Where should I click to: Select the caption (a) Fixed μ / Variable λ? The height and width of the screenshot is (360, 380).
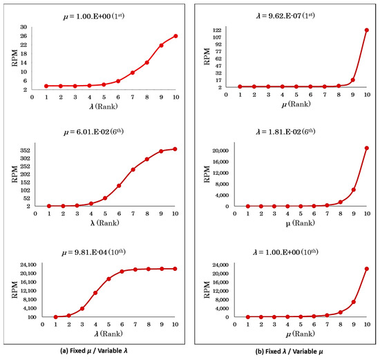(97, 350)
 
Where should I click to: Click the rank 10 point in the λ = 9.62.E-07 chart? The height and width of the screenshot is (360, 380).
(367, 30)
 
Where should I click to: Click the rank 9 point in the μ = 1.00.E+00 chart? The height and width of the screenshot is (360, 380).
(161, 46)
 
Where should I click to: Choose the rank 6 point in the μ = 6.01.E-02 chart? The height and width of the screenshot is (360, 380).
(119, 185)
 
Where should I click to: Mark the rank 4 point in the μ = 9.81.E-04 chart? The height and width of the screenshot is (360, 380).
(95, 293)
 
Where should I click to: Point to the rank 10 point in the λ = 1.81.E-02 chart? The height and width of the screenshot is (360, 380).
(367, 148)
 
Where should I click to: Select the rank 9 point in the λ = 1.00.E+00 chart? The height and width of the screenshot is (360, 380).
(353, 302)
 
